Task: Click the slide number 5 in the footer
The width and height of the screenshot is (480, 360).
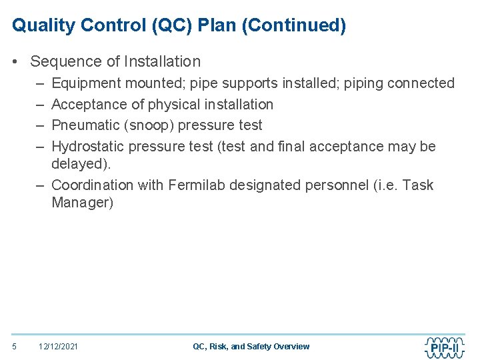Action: click(x=15, y=346)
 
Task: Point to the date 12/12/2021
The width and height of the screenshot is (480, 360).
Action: click(x=58, y=346)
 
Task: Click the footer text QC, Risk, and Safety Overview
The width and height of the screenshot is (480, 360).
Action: click(x=251, y=346)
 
